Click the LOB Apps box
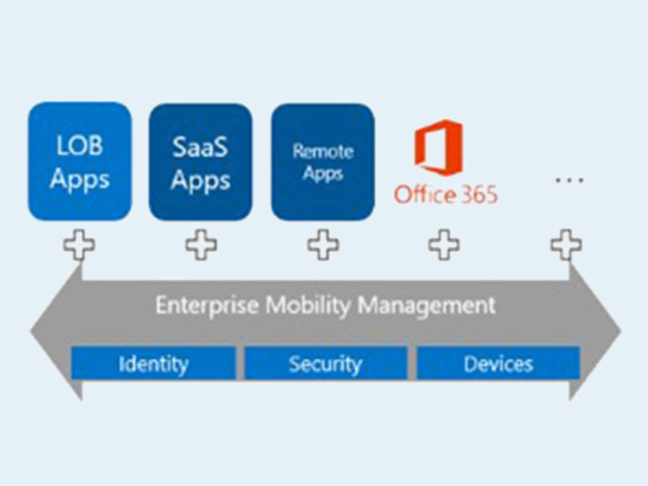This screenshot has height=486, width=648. (79, 162)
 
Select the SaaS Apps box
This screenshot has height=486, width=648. (200, 162)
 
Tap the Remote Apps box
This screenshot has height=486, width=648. (323, 162)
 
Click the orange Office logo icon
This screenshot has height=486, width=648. (439, 147)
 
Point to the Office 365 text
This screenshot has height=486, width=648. (446, 194)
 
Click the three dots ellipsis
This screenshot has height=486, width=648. (570, 180)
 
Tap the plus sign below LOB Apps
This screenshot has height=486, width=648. (79, 245)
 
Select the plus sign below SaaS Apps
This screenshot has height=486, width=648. (201, 245)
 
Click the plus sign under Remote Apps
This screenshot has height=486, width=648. (323, 245)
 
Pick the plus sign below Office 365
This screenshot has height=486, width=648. (444, 245)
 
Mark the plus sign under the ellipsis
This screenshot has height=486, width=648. (566, 245)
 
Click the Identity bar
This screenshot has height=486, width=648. (154, 363)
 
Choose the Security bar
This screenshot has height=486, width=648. (326, 363)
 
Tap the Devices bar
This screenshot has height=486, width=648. (498, 363)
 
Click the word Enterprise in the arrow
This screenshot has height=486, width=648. (207, 306)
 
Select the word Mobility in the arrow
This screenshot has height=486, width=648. (308, 306)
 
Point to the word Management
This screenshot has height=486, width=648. (426, 305)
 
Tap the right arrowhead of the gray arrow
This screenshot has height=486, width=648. (595, 331)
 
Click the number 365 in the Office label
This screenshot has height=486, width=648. (480, 194)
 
